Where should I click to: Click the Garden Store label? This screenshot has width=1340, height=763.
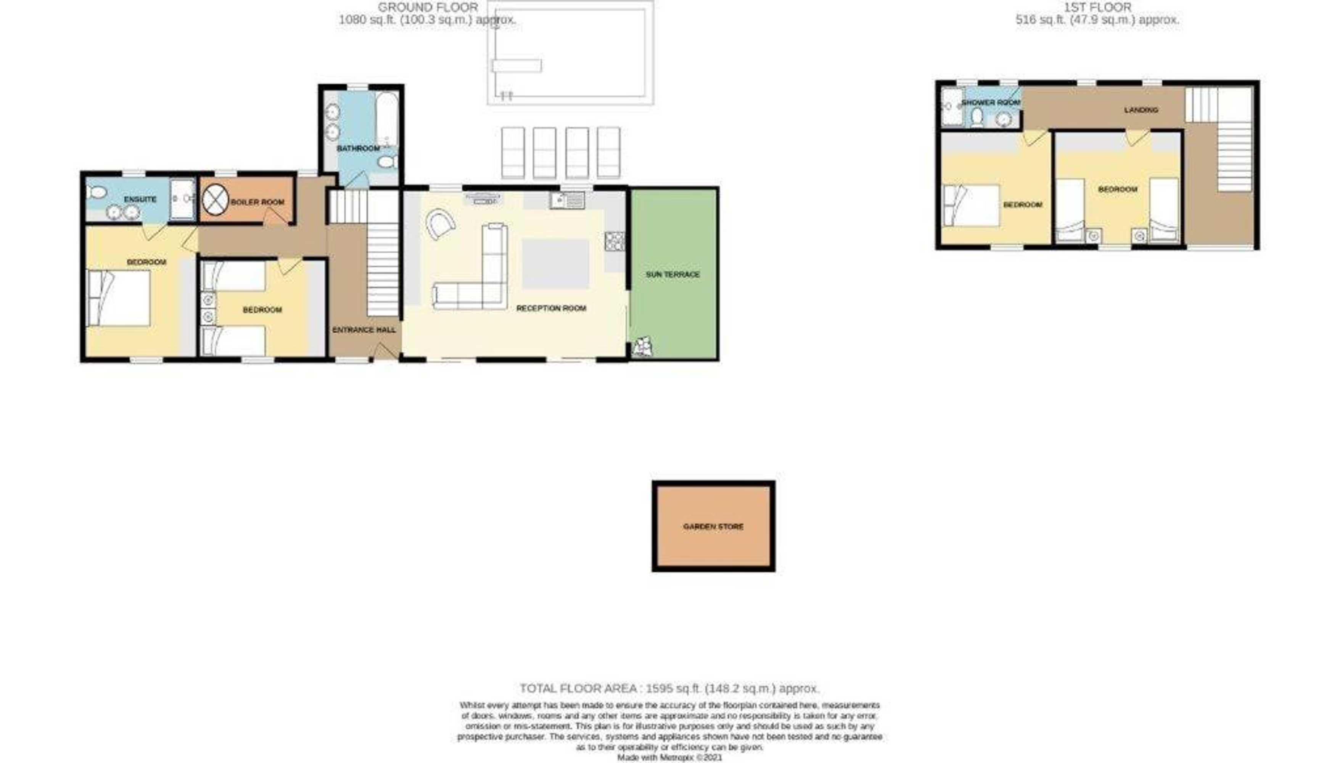click(x=713, y=526)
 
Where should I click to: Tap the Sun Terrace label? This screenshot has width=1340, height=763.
click(x=672, y=274)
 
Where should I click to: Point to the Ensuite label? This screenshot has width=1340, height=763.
click(x=140, y=199)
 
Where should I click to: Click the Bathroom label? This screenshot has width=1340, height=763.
click(x=358, y=148)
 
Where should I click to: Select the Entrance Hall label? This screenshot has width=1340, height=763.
click(x=364, y=330)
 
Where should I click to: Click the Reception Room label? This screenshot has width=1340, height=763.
click(x=551, y=308)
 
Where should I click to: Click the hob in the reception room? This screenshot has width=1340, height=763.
click(x=615, y=241)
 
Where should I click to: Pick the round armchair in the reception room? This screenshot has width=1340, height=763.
click(x=440, y=224)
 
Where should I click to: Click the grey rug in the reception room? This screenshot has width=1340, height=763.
click(x=555, y=264)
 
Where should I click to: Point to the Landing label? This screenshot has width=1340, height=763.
click(x=1141, y=109)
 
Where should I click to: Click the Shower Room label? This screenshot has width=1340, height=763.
click(x=991, y=103)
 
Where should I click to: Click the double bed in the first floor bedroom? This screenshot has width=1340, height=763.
click(x=971, y=205)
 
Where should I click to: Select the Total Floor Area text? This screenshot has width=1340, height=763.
click(x=669, y=688)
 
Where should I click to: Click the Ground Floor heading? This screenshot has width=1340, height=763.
click(x=428, y=7)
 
